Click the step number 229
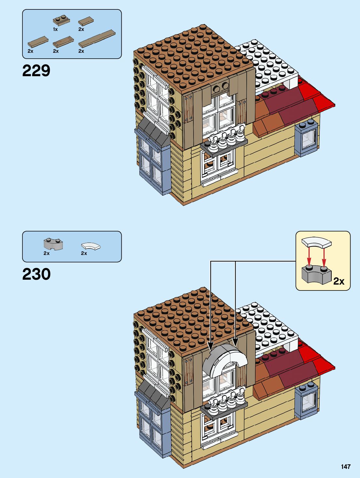(36, 71)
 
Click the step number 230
(36, 274)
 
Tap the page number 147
(346, 467)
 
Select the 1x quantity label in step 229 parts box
(55, 29)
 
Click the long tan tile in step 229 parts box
(97, 38)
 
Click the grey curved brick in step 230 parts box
(53, 244)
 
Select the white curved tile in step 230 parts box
(91, 246)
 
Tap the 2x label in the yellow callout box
(339, 281)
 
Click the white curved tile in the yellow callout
(316, 242)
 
